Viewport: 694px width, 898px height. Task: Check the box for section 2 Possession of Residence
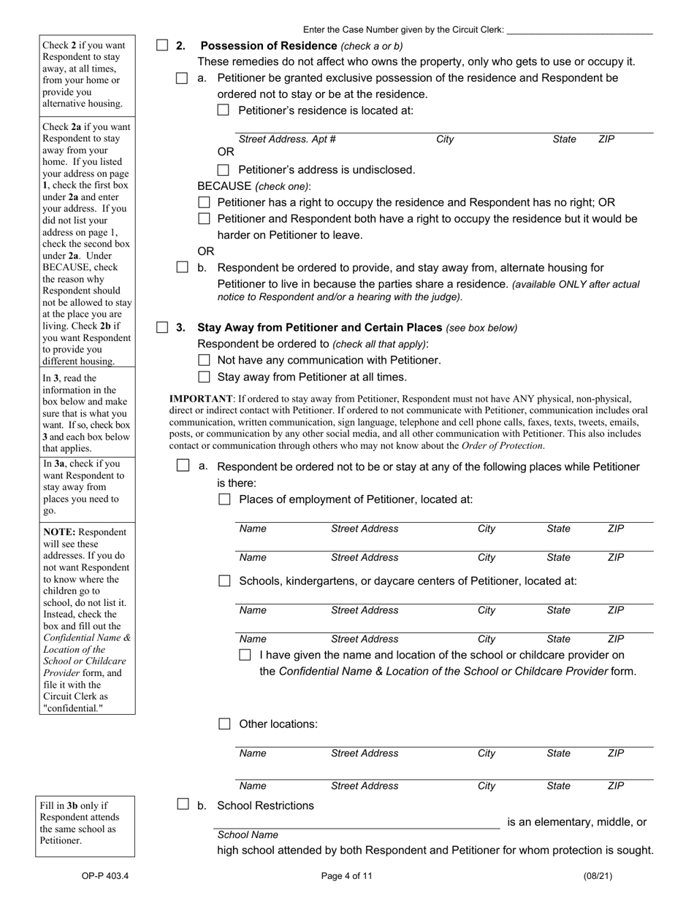162,45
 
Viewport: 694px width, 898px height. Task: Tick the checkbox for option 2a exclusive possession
182,78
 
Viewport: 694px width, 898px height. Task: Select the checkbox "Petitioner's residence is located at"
224,110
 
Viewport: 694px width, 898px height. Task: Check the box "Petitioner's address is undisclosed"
224,170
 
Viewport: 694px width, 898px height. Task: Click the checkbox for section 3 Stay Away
162,327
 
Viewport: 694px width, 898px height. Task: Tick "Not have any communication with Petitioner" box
204,360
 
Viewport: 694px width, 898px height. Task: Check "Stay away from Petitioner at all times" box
204,377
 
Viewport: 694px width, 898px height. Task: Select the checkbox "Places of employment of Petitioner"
224,499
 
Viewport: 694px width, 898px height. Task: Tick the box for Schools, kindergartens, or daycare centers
224,581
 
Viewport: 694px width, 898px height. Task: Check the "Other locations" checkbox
224,724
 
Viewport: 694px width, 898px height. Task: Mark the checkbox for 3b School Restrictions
183,805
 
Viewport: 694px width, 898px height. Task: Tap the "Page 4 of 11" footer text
347,876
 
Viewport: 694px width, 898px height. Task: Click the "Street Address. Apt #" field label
287,139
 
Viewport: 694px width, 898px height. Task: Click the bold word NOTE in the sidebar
59,532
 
